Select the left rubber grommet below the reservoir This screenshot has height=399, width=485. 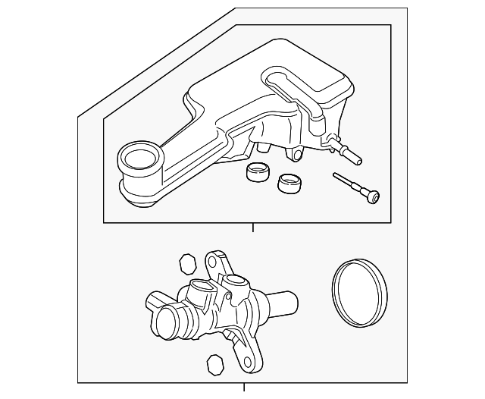[258, 174]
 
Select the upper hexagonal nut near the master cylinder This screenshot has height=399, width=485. [187, 264]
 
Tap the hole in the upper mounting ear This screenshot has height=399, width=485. [212, 260]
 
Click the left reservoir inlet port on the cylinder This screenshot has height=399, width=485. [201, 287]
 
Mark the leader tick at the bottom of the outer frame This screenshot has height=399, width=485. [244, 388]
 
